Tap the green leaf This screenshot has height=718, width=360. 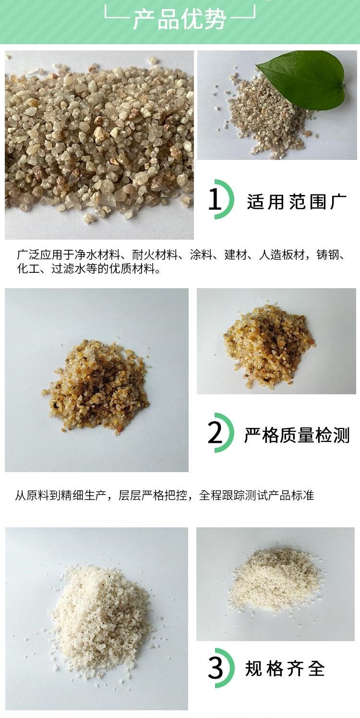301,81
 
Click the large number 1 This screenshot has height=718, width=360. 215,199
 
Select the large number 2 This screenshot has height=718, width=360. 215,433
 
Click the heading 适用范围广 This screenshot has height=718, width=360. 296,202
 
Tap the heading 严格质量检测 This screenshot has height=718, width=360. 297,435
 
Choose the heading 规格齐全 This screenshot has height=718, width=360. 285,669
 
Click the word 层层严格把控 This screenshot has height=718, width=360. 153,495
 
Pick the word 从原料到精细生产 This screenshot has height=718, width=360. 60,495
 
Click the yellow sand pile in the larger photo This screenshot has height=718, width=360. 96,386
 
